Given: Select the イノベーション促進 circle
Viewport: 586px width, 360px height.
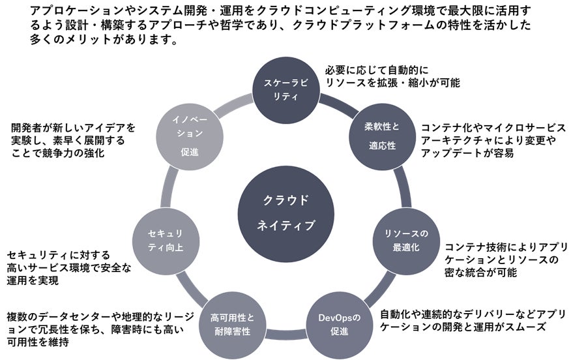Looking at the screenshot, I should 186,136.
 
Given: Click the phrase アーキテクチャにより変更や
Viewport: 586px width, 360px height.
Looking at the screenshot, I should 488,140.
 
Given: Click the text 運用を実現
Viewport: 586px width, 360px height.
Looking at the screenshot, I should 33,280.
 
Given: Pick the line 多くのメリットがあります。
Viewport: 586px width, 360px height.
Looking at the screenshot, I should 95,39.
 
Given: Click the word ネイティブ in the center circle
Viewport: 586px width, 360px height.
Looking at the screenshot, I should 286,226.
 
